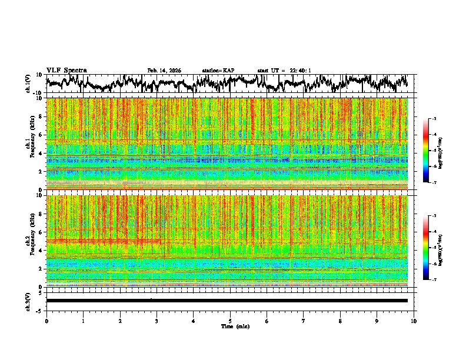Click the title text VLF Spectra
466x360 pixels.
point(66,70)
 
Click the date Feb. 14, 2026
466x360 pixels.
point(164,71)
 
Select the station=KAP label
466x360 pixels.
point(218,71)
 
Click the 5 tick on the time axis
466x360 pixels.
point(230,321)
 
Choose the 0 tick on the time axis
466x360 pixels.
point(46,321)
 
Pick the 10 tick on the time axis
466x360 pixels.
point(414,321)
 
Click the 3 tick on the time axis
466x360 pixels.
point(157,321)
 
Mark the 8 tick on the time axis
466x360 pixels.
point(340,321)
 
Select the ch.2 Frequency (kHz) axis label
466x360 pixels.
point(31,241)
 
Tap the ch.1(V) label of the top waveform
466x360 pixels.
point(28,84)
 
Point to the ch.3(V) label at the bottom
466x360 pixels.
point(28,301)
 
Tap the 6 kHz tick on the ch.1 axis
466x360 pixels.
point(42,135)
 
